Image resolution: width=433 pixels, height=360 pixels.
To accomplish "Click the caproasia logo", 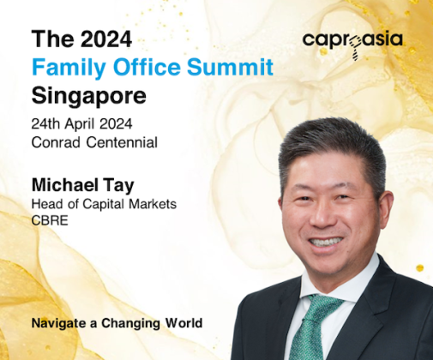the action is tap(352, 44).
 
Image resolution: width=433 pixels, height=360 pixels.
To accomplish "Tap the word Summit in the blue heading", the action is tap(231, 67).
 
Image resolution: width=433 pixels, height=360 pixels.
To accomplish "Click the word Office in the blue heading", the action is tap(147, 67).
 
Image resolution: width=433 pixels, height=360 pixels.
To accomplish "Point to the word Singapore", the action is tap(89, 97).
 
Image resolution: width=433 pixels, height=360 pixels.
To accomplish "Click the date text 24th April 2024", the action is tap(81, 124).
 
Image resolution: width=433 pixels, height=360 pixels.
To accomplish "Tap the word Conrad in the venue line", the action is tap(56, 142).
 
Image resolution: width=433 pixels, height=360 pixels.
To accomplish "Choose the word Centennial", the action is tap(122, 142).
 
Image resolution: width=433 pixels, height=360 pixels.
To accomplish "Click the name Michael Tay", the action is tap(83, 186).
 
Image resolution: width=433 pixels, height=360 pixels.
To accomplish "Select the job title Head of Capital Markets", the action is tap(104, 204).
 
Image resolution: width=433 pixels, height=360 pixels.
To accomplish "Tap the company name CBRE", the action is tap(50, 220).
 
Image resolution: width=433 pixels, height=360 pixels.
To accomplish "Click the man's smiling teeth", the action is tap(326, 242).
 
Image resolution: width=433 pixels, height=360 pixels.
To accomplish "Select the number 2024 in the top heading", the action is tap(106, 39).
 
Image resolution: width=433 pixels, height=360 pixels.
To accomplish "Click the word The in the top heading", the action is tap(53, 39).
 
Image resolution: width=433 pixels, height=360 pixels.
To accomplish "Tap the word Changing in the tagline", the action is tap(130, 324).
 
